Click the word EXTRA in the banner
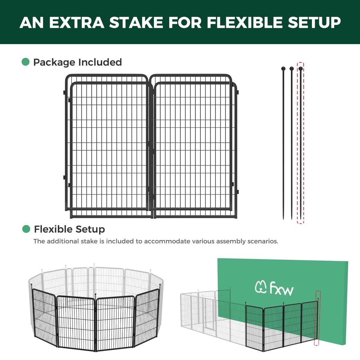[77, 22]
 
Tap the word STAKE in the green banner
[136, 22]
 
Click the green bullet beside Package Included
[25, 62]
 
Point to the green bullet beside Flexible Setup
[26, 229]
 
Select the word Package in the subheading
[54, 63]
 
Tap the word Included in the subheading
[100, 62]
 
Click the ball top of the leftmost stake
[283, 68]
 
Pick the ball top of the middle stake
[292, 69]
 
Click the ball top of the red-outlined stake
[301, 69]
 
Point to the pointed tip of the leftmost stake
[283, 219]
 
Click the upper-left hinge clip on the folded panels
[64, 92]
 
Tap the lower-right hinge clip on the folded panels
[238, 192]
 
